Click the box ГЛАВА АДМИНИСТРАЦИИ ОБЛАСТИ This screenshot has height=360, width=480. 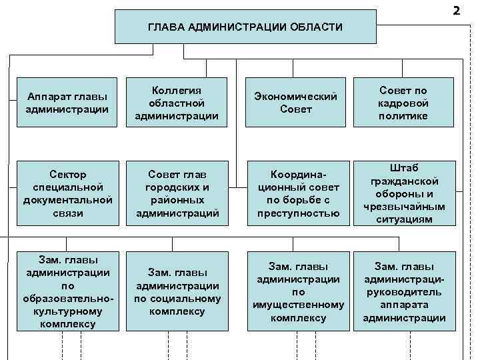tap(244, 27)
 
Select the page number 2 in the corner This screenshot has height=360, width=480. tap(456, 10)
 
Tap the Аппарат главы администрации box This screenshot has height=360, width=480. tap(67, 103)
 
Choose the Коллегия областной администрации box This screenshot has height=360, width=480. tap(177, 103)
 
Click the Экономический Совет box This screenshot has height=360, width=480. tap(297, 103)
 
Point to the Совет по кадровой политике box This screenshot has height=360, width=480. tap(404, 103)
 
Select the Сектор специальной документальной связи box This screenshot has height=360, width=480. tap(67, 193)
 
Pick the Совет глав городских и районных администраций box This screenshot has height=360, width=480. tap(177, 193)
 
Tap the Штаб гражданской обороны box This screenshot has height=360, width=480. tap(404, 193)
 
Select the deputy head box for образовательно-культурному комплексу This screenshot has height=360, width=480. tap(67, 291)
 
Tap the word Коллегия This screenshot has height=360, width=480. tap(177, 91)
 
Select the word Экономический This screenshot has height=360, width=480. tap(296, 97)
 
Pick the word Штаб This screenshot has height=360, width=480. tap(404, 168)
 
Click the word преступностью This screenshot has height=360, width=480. tap(298, 213)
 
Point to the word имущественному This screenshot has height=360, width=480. tap(298, 305)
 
